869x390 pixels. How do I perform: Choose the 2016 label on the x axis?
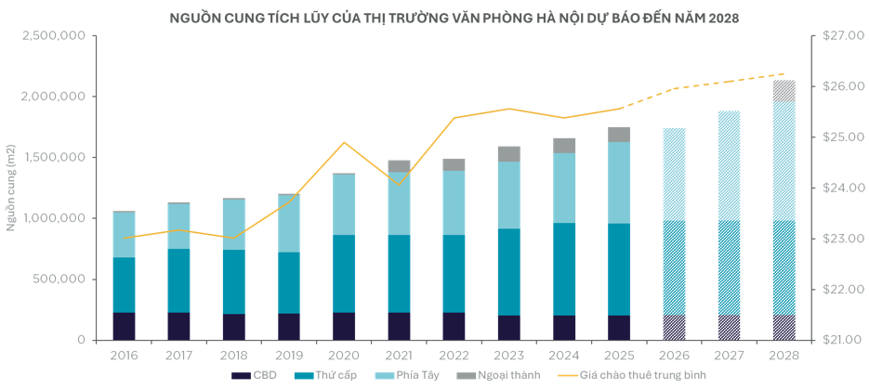click(x=124, y=355)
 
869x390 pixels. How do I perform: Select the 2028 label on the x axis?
click(x=783, y=355)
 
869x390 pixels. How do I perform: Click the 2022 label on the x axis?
click(x=454, y=355)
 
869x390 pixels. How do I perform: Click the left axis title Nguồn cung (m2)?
click(x=12, y=188)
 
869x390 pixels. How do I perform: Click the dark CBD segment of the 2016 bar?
click(x=124, y=326)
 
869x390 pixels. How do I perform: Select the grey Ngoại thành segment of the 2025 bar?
click(x=619, y=135)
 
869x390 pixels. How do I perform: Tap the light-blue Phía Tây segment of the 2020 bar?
click(x=344, y=204)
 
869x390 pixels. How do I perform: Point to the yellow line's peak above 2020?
click(x=344, y=142)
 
